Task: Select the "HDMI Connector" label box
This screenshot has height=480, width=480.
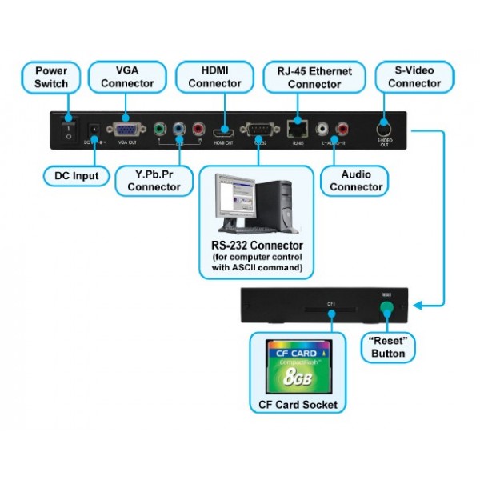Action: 215,78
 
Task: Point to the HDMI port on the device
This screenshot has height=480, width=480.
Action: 222,130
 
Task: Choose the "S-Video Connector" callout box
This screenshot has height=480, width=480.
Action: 414,78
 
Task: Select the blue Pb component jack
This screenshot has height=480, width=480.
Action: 178,127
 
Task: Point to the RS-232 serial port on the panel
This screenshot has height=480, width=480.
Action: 258,128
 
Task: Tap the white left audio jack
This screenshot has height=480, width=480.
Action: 323,127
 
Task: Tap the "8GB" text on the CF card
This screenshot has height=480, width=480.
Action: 298,374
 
